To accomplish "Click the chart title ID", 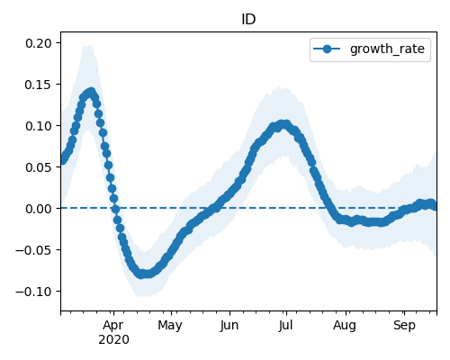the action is (248, 20).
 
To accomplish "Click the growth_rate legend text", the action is (387, 49).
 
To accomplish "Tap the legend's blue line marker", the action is (327, 49).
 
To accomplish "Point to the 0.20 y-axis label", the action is (39, 43).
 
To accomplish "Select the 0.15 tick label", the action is (38, 85).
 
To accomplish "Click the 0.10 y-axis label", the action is (39, 126).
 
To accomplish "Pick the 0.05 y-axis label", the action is (39, 167).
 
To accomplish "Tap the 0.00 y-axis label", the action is (39, 209).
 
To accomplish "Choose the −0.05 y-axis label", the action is (34, 250).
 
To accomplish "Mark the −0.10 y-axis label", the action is (34, 292).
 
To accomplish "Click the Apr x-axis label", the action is (113, 326).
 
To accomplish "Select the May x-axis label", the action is (170, 326).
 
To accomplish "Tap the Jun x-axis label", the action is (229, 326).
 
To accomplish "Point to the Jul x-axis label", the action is (285, 326).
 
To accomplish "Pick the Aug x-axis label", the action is (345, 326).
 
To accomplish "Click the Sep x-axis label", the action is (404, 326).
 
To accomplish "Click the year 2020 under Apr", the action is (113, 339).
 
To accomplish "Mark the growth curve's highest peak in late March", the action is (91, 92).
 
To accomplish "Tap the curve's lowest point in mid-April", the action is (141, 274).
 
